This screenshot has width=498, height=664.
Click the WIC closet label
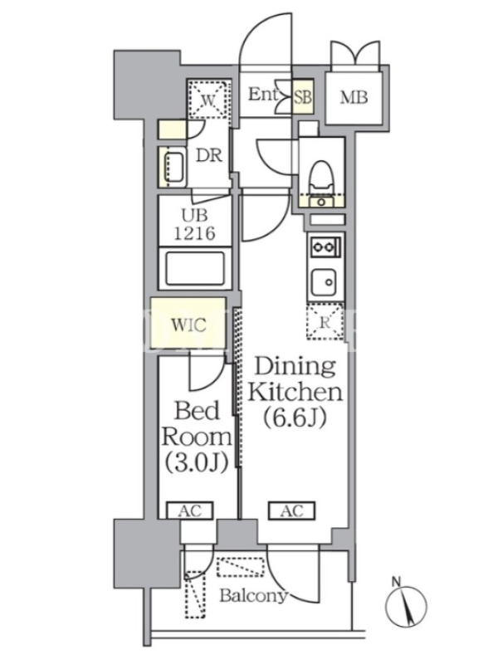(188, 325)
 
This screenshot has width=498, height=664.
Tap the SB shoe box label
(303, 98)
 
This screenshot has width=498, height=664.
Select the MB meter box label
(354, 98)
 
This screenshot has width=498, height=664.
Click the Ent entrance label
(262, 95)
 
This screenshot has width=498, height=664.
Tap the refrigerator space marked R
(325, 322)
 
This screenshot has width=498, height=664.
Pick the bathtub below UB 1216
(195, 268)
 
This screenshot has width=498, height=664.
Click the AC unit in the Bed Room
(189, 510)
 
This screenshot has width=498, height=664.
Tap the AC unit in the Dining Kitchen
(292, 510)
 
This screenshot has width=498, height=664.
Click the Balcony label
(253, 596)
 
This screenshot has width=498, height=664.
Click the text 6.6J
(295, 418)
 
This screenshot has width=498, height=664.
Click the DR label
(209, 155)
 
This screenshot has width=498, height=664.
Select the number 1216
(195, 233)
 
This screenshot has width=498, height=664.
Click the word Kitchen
(295, 393)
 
